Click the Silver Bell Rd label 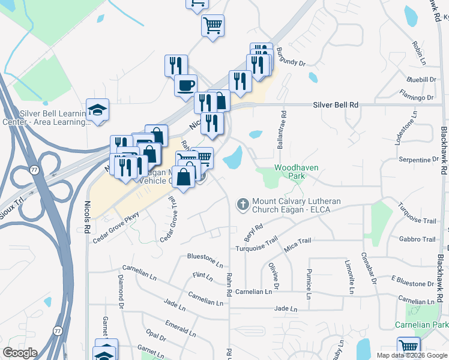coord(336,105)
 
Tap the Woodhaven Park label coord(297,172)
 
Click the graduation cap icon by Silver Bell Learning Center coord(97,109)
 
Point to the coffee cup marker coord(185,85)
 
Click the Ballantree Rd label coord(282,128)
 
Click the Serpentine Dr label coord(419,160)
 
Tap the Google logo coord(20,353)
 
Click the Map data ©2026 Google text coord(412,355)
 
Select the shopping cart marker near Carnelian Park coord(408,347)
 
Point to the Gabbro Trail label coord(421,239)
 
